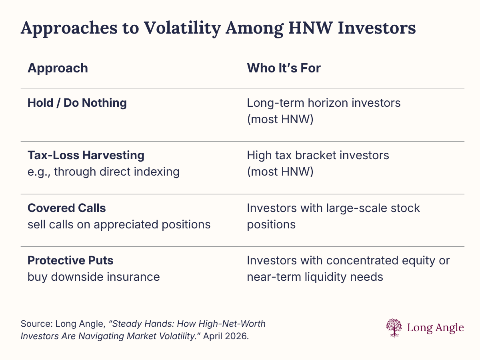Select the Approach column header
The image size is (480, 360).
point(58,68)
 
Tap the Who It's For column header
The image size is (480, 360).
point(284,68)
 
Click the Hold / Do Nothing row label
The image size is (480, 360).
point(77,103)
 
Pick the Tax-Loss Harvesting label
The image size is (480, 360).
point(86,155)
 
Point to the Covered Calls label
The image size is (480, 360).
point(66,208)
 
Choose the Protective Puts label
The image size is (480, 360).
point(70,260)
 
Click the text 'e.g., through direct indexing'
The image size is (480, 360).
point(103,171)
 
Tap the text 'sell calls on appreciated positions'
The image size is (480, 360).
point(119,224)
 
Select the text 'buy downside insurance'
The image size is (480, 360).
point(94,276)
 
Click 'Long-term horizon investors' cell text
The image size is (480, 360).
point(324,103)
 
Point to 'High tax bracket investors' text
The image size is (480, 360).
point(318,155)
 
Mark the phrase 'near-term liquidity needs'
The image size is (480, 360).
point(315,276)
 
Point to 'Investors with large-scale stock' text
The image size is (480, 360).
point(333,208)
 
